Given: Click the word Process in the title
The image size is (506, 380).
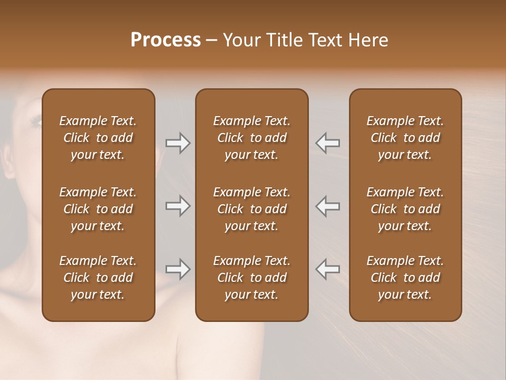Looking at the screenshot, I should point(166,40).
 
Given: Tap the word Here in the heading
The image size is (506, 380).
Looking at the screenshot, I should point(369,40).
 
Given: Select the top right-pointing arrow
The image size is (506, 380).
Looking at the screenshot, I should point(178,142).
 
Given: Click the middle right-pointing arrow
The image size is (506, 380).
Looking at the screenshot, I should point(178,206).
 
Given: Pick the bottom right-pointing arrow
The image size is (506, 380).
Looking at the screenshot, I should point(178,269).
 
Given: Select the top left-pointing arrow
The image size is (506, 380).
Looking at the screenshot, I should point(327,142).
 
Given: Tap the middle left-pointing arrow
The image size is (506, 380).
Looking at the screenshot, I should point(327,206).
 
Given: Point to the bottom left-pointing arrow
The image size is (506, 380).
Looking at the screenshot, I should point(327,269).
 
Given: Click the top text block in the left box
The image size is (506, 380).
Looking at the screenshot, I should point(98,138).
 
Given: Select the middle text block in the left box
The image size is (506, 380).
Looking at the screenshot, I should point(98,209).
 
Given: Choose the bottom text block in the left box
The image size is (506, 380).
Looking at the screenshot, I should point(98,278).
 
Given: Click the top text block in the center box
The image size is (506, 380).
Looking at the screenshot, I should point(251,138).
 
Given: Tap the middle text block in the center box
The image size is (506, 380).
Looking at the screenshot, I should point(251,209).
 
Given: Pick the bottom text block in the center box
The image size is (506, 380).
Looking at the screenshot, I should point(251,278).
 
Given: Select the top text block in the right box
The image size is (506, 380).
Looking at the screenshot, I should point(405,138).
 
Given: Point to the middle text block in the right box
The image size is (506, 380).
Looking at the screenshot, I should point(405,209).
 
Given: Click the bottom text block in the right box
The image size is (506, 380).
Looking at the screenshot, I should point(405,278).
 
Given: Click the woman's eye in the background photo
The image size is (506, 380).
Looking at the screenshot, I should point(36,122).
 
